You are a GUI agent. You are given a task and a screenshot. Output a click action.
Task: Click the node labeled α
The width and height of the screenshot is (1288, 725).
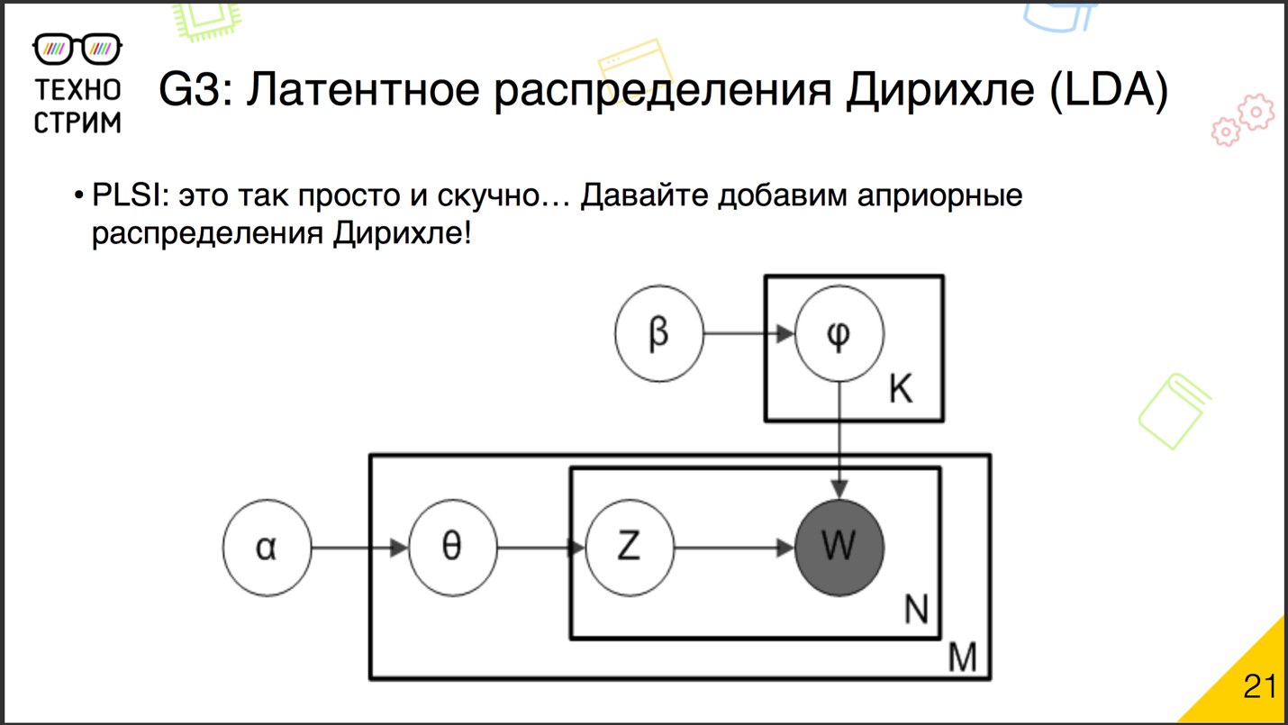click(x=267, y=547)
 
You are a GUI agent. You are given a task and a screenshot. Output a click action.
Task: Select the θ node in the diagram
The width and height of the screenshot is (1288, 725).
click(x=452, y=547)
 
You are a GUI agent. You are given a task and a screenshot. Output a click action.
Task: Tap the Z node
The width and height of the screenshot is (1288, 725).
click(x=629, y=547)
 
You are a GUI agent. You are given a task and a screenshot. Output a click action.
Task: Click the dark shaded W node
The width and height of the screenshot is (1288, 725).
click(x=839, y=547)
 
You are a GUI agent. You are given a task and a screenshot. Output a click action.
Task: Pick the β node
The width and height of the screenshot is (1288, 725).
click(x=658, y=333)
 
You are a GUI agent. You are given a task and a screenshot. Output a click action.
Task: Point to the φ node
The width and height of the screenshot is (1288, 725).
click(x=839, y=333)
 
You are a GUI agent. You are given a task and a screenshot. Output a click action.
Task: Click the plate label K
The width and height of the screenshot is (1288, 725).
click(x=900, y=389)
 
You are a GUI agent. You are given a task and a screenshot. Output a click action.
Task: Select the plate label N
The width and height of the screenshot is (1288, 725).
click(x=915, y=611)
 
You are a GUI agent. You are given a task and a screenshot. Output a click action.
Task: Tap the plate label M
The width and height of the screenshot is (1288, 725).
click(x=962, y=658)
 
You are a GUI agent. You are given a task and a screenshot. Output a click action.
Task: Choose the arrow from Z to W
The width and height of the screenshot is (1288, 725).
click(x=733, y=547)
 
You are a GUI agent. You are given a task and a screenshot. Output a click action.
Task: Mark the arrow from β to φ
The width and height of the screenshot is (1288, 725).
click(x=748, y=333)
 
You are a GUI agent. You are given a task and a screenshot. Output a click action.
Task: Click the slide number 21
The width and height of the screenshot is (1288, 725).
click(x=1259, y=686)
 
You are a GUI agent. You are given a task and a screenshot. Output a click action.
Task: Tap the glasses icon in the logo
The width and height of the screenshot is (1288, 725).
click(x=77, y=49)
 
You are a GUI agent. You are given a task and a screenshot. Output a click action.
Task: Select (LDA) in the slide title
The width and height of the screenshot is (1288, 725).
click(x=1109, y=90)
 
